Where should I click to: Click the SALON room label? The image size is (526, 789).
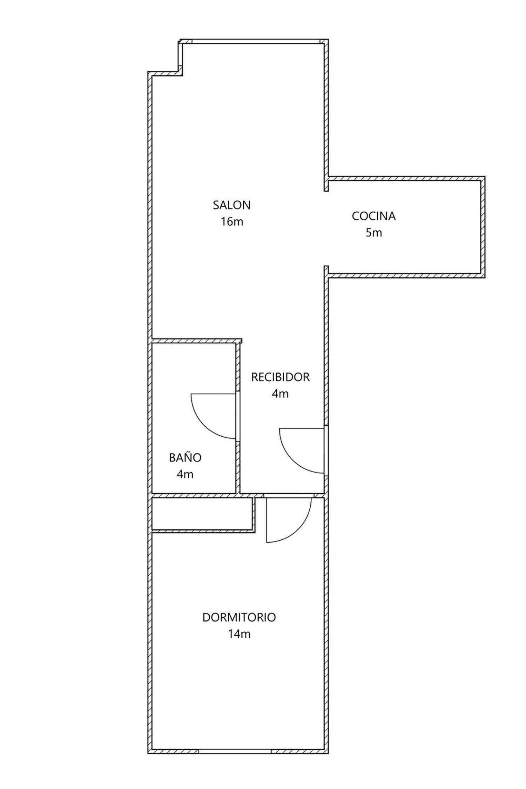(232, 205)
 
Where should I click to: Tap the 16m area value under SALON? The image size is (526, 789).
(232, 222)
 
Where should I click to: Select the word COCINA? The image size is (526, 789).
(374, 216)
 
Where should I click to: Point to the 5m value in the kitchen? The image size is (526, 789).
(374, 233)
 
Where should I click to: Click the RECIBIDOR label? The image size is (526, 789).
(281, 377)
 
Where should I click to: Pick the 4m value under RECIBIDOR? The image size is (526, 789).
(280, 394)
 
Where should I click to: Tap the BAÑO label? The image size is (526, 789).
(185, 458)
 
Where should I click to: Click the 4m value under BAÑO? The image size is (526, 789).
(185, 474)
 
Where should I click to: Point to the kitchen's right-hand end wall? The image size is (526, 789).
(483, 227)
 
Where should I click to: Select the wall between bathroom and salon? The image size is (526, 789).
(197, 341)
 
